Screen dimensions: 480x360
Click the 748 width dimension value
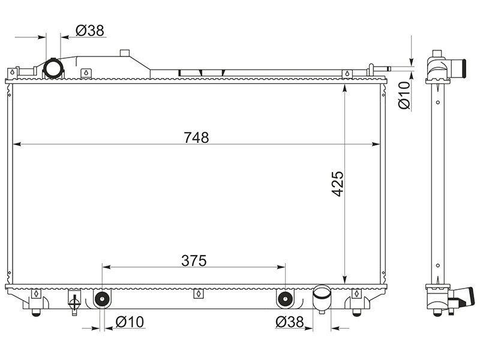(x=196, y=137)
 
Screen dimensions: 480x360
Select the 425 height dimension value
(x=338, y=184)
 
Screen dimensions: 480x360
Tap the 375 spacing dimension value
(x=194, y=261)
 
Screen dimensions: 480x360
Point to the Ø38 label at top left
(x=90, y=31)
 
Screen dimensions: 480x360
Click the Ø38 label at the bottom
(x=289, y=322)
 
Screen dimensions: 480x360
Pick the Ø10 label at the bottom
(x=130, y=322)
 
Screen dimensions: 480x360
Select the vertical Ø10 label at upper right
(x=404, y=95)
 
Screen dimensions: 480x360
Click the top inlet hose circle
(x=53, y=68)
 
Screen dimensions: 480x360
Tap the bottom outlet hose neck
(x=322, y=298)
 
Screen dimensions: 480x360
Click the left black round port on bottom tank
(x=101, y=298)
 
